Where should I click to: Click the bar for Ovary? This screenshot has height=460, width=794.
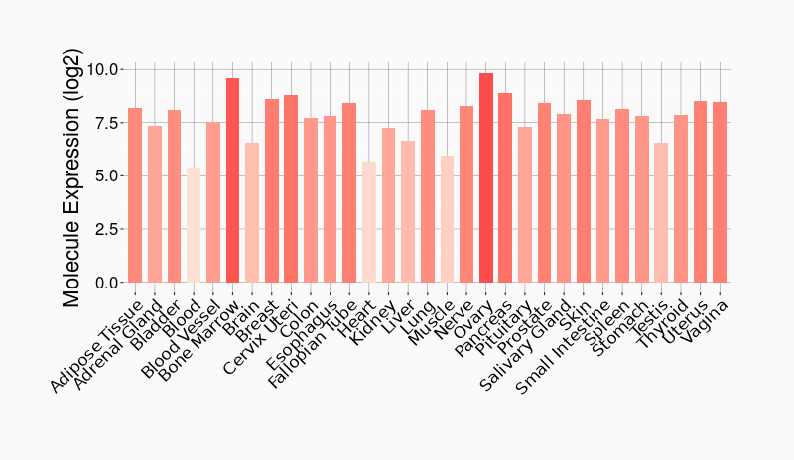tap(485, 178)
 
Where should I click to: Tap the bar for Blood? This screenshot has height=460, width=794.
tap(194, 225)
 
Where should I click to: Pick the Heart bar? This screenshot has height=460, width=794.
tap(369, 222)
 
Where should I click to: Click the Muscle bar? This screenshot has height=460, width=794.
tap(447, 219)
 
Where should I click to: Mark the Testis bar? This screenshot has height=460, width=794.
tap(661, 213)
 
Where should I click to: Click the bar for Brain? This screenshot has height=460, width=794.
tap(252, 213)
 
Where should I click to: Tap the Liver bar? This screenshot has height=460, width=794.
tap(408, 212)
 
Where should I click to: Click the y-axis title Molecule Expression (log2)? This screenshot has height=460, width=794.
tap(71, 176)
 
